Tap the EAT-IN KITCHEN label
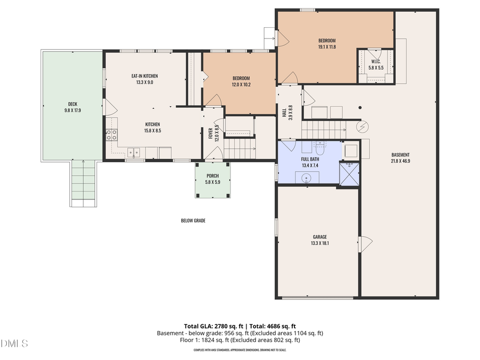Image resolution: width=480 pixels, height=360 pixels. tap(145, 76)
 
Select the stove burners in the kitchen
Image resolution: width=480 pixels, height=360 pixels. tap(111, 135)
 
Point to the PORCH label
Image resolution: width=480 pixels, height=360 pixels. tap(213, 175)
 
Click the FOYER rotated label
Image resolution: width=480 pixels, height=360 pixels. tap(211, 132)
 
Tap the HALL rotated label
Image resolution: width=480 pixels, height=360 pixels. tap(284, 112)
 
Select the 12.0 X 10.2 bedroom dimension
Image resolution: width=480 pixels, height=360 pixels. tap(241, 84)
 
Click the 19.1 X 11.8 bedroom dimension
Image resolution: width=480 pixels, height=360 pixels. tap(326, 47)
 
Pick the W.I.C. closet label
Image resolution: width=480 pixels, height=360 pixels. tap(377, 61)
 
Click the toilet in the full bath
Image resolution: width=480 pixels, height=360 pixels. tap(320, 145)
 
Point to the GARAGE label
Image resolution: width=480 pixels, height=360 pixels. tap(319, 237)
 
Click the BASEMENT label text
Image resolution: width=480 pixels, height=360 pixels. tap(400, 155)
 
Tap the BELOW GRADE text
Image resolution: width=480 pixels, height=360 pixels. tap(193, 220)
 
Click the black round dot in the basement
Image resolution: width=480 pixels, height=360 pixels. tap(361, 108)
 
